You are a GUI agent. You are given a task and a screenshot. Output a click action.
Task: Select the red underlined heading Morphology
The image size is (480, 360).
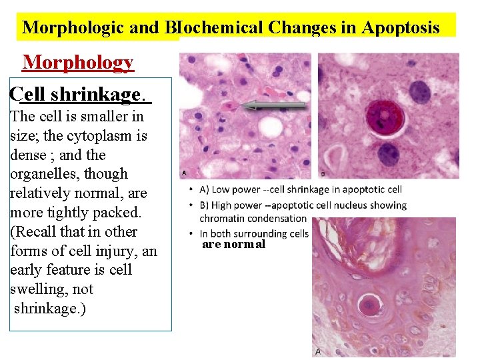[x=78, y=62]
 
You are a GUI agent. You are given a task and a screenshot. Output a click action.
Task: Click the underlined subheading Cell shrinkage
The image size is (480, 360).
[x=81, y=94]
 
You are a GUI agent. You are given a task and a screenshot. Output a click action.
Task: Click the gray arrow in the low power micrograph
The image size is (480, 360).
[x=274, y=105]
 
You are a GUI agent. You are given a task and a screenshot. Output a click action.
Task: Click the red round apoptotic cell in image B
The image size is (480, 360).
[x=381, y=119]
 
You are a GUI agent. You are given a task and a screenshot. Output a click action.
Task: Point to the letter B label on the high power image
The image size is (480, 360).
[x=323, y=173]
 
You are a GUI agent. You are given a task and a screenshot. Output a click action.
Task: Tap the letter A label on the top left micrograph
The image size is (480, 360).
[x=184, y=173]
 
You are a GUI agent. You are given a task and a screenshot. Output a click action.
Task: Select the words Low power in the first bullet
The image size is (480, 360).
[x=235, y=189]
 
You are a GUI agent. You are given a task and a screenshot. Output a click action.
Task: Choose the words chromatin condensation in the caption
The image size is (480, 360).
[x=253, y=218]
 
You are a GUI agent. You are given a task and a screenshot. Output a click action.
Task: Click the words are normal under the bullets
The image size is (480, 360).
[x=233, y=244]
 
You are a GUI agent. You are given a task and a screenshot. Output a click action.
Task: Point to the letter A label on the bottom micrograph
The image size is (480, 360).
[x=317, y=351]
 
